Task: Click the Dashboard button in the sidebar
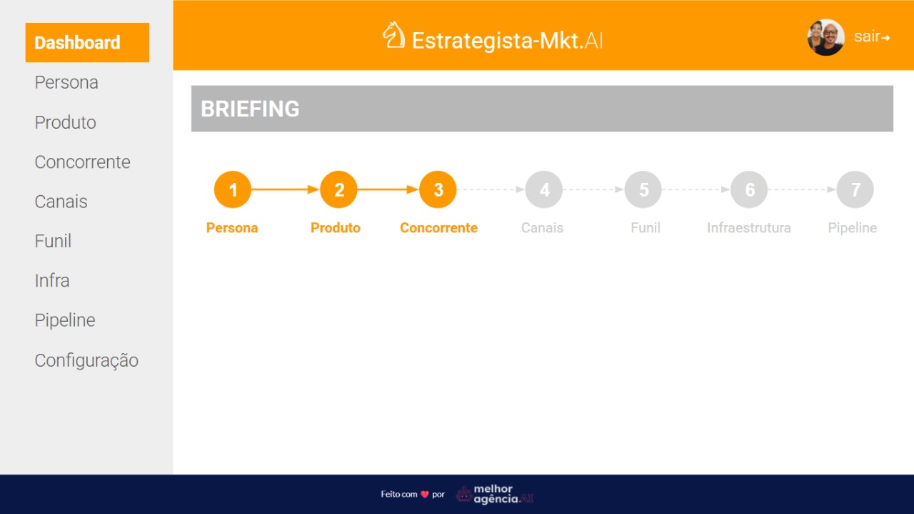(87, 42)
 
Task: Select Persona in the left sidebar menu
(66, 82)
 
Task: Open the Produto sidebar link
(65, 122)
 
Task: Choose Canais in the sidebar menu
(61, 202)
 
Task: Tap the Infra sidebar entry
(52, 281)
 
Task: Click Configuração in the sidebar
(86, 360)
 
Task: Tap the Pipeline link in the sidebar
(65, 320)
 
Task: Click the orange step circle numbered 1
(233, 189)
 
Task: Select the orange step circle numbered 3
(438, 189)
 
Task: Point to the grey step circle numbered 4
(544, 189)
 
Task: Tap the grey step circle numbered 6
(749, 189)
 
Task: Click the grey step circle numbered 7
(855, 189)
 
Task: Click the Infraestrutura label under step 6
(749, 227)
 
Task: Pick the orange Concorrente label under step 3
(438, 227)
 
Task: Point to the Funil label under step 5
(646, 227)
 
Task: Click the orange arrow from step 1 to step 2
(285, 189)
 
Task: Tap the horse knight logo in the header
(393, 35)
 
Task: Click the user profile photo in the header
(826, 37)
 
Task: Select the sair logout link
(872, 36)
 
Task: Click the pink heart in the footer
(425, 495)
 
